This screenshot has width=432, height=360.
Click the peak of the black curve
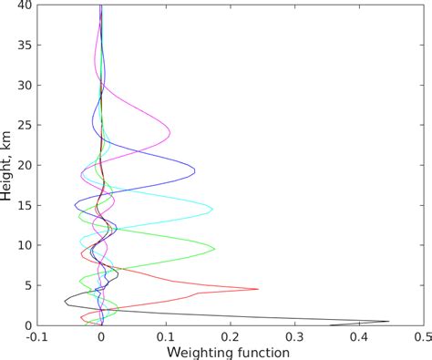[x=389, y=321]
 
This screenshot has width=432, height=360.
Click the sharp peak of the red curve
[x=258, y=289]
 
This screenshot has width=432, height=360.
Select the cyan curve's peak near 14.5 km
[x=212, y=210]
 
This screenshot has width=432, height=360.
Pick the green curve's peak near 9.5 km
[x=215, y=248]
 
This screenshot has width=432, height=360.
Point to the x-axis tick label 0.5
[x=421, y=336]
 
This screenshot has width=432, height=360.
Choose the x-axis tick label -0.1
[x=36, y=336]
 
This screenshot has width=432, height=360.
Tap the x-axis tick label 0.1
[x=165, y=336]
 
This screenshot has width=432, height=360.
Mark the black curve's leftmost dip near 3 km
[x=65, y=301]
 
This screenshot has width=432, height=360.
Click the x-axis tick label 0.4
[x=357, y=336]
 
